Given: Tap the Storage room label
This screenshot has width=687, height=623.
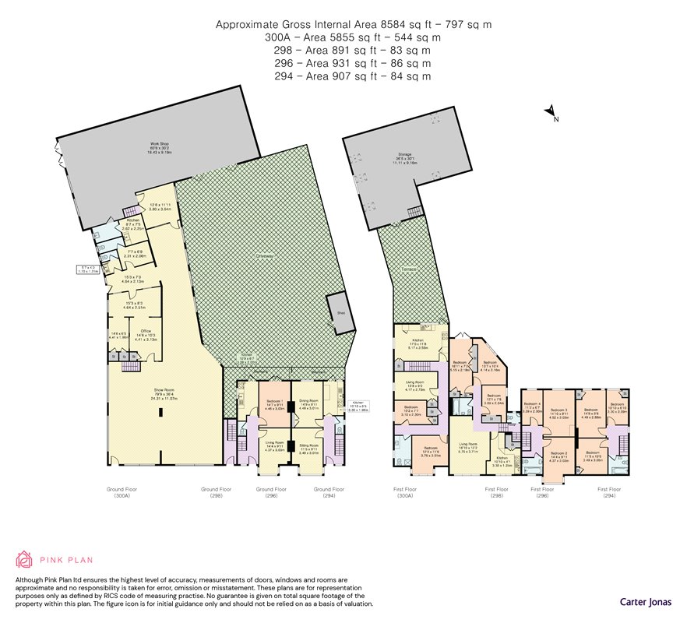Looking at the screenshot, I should pos(406,159).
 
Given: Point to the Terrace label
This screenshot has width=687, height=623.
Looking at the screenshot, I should pos(411,269).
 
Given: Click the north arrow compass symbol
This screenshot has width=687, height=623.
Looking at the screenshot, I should pos(551,111).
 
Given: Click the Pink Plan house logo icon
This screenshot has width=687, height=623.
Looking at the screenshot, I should pos(25,560).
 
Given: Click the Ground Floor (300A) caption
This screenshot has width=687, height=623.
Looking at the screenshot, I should pos(122,492).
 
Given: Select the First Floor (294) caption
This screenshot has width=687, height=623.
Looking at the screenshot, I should pos(610,492).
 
